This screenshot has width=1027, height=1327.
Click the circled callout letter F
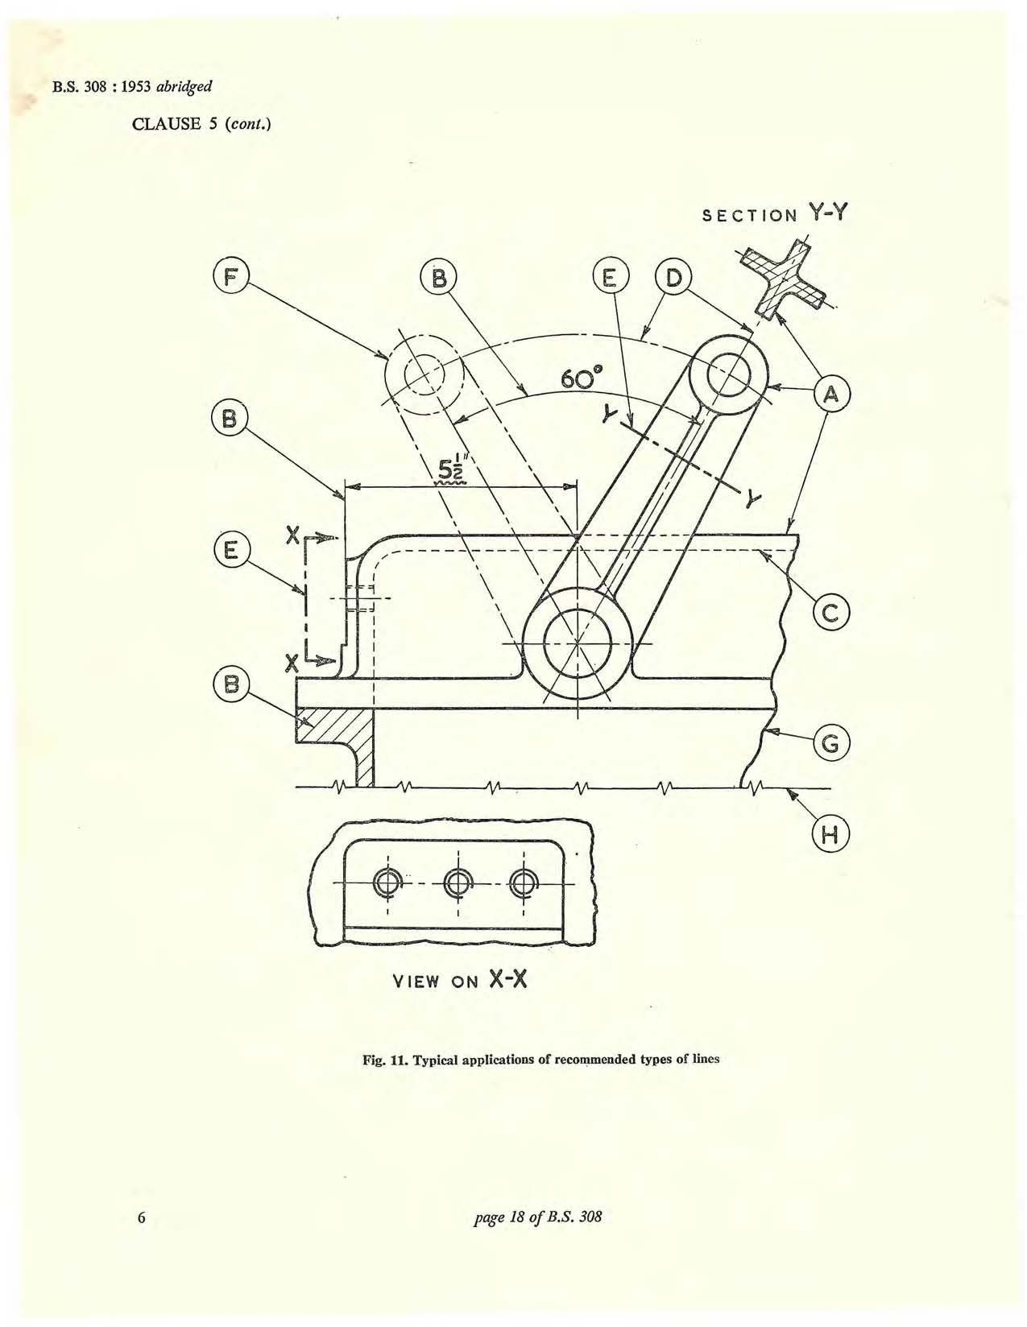tap(230, 279)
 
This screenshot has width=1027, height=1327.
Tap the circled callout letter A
tap(831, 395)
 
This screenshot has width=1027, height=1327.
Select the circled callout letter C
tap(831, 613)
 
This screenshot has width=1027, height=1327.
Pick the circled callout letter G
tap(831, 744)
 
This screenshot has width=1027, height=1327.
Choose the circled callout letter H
tap(831, 835)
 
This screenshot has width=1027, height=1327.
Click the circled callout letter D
tap(673, 279)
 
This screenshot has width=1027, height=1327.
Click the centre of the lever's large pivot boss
tap(577, 643)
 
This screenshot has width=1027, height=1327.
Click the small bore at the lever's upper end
tap(728, 373)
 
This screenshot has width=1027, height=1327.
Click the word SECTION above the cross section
tap(749, 216)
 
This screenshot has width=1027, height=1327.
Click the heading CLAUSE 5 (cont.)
tap(201, 124)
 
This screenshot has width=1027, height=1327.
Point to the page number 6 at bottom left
tap(141, 1217)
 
